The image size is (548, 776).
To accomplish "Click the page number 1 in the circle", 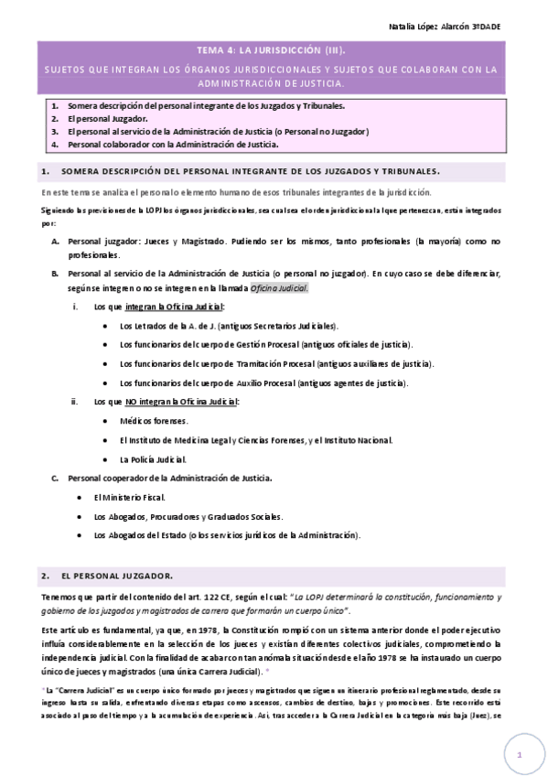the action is (518, 756).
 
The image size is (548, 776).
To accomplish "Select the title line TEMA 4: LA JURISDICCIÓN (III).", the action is (273, 53).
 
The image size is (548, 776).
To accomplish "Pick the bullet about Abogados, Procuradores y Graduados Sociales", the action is (188, 516).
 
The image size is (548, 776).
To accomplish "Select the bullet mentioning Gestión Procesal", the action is (265, 344).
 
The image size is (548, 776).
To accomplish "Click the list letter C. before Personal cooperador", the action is (55, 478).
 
